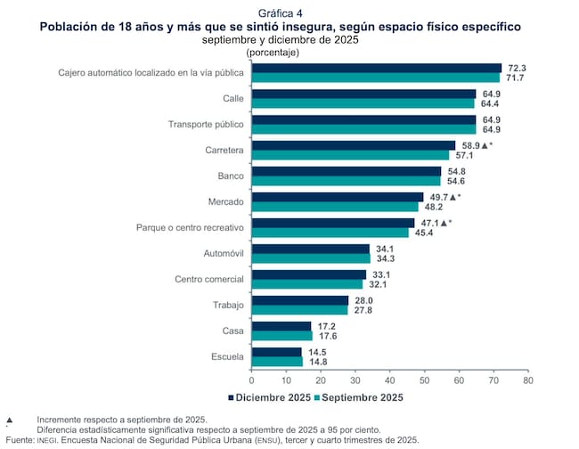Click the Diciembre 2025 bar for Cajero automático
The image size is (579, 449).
coord(377,68)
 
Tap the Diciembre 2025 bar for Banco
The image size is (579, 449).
coord(347,171)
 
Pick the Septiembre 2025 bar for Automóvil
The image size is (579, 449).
coord(311,258)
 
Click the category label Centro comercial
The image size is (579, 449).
coord(204,279)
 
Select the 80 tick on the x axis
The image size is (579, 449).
coord(527,379)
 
